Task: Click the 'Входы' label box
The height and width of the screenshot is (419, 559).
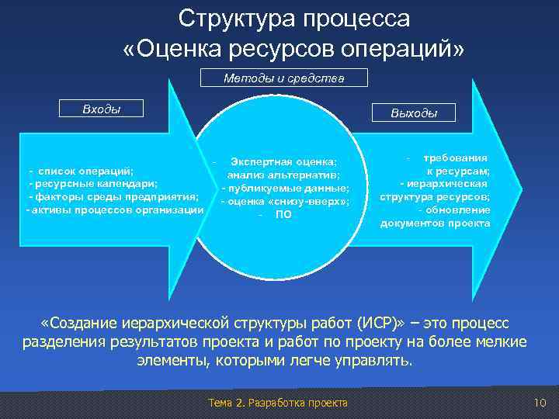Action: (102, 109)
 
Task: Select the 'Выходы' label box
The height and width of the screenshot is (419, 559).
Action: (415, 113)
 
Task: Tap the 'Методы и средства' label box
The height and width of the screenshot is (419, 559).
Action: (283, 78)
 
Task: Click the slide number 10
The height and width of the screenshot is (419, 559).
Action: (541, 402)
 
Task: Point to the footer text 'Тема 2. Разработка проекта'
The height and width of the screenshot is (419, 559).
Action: (279, 402)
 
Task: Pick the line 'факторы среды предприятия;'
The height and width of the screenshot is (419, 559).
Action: (113, 197)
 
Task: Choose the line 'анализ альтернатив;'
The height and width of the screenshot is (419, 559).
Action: (283, 175)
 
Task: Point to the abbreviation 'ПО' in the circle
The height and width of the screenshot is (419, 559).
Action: (283, 215)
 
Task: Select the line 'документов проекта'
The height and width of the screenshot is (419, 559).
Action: (435, 223)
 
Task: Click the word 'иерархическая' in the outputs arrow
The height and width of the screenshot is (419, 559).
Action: (448, 184)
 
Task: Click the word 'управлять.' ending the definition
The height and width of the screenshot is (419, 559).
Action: (381, 361)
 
